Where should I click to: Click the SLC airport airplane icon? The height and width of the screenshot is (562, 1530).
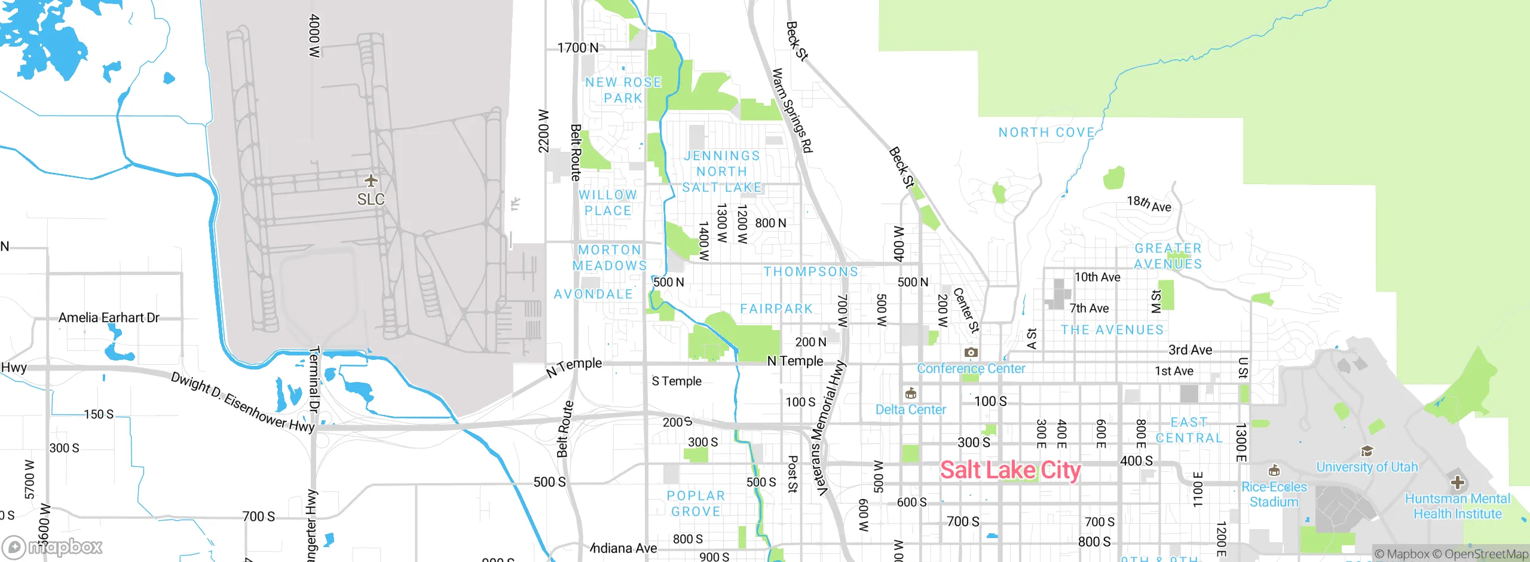(371, 181)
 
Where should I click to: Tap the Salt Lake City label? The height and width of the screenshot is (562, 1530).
(1010, 470)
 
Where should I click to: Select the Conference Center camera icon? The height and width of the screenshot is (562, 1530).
(971, 352)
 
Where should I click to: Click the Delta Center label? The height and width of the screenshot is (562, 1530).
(910, 410)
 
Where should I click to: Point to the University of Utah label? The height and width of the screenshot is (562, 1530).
(1367, 467)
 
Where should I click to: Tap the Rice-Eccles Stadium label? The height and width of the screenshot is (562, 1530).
(1274, 494)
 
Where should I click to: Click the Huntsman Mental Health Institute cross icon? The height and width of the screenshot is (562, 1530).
(1457, 482)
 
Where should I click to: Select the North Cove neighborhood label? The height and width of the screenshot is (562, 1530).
(1046, 132)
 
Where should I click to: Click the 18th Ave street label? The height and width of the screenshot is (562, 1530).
(1149, 204)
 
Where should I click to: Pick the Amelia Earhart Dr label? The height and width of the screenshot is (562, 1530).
(109, 317)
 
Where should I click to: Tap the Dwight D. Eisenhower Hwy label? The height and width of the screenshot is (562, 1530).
(242, 402)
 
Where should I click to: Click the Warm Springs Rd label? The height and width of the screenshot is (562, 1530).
(792, 111)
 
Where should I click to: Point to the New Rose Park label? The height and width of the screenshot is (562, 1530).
(623, 90)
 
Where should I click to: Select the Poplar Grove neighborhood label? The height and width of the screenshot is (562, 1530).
(696, 503)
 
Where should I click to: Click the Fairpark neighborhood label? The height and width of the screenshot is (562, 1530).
(776, 309)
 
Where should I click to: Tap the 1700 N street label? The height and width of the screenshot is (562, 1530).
(577, 48)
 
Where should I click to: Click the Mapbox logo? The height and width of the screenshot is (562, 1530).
(53, 547)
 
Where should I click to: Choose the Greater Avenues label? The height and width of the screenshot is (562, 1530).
(1168, 256)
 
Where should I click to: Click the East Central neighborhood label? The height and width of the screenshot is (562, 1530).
(1189, 430)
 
